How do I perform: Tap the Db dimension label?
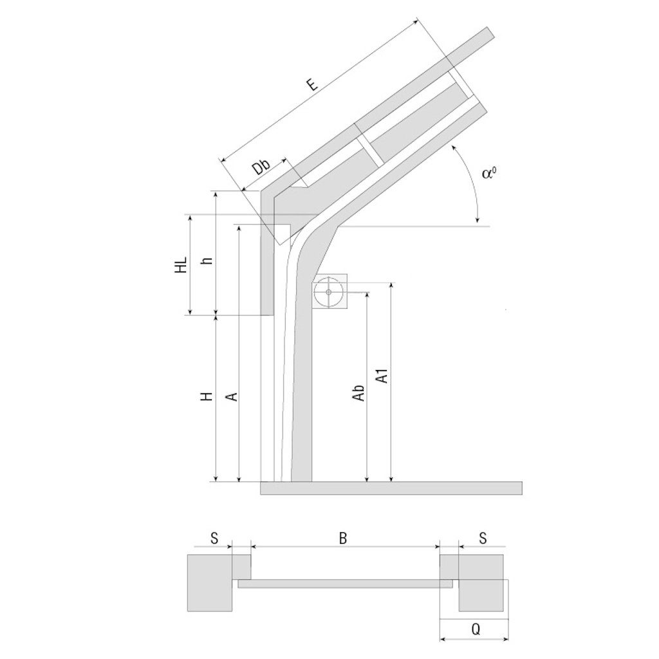(261, 167)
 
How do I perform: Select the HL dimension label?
(181, 265)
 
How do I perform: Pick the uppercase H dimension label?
(207, 396)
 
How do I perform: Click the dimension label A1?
(382, 376)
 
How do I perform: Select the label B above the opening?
(343, 538)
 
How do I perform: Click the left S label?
(214, 538)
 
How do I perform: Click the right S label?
(483, 538)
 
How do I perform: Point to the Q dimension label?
(476, 629)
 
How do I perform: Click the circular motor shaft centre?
(329, 292)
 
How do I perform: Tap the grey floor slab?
(391, 488)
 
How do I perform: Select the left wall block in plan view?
(210, 583)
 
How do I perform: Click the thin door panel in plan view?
(346, 584)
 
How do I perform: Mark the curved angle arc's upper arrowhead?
(452, 147)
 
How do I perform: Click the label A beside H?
(232, 396)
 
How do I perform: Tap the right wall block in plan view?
(481, 583)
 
